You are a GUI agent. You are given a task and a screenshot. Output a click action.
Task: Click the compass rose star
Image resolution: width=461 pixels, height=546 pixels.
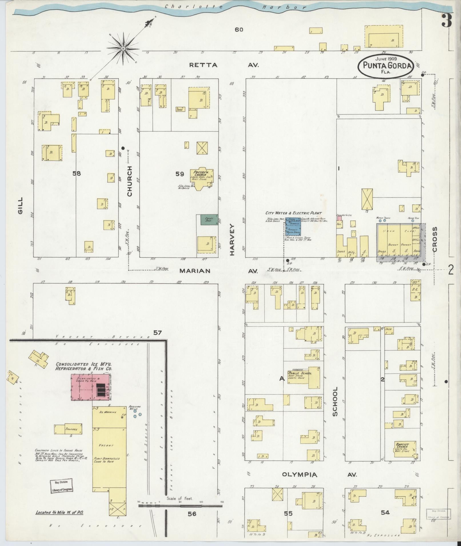point(123,49)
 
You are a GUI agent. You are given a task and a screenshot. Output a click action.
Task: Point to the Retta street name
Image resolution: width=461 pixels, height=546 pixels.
point(203,65)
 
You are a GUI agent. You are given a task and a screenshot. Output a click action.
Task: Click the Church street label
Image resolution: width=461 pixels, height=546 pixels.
point(129,181)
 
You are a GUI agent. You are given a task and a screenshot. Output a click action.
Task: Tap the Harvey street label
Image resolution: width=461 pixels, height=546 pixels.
point(232,239)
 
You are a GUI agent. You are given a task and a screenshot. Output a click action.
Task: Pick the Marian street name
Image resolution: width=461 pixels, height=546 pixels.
point(195,271)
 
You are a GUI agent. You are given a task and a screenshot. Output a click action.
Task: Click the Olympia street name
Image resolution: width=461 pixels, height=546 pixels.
point(300,475)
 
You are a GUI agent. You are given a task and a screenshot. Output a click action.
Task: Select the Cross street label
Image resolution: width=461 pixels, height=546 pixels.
point(435,239)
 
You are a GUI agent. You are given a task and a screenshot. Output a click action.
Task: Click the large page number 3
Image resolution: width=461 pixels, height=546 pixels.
point(447,20)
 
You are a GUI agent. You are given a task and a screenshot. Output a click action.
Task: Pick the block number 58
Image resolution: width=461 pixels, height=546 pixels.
point(77,173)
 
